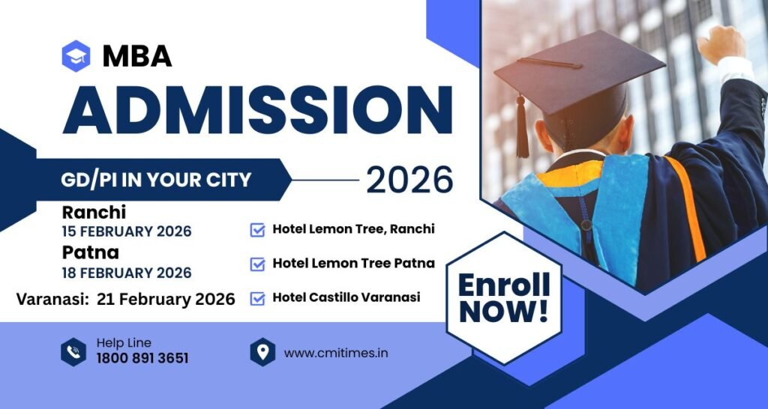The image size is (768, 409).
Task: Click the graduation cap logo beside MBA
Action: point(76,56)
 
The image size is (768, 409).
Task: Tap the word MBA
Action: point(137,56)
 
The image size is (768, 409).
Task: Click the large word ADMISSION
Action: point(258,109)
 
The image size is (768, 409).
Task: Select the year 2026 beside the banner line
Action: point(409,180)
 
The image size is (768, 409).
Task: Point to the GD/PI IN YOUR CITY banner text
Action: point(156,180)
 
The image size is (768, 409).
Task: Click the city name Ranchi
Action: point(94,212)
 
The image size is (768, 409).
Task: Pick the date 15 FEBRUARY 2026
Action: point(127,231)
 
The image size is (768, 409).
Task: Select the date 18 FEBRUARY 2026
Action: point(127,273)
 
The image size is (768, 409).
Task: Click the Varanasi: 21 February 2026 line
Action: point(125,299)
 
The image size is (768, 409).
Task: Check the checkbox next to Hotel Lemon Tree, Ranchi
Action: point(257,230)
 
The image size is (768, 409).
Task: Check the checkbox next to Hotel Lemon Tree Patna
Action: point(257,264)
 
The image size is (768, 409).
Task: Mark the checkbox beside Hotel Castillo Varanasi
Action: point(257,298)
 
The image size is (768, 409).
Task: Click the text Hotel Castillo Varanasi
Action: point(346,297)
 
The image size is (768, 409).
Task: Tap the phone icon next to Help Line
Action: point(73,352)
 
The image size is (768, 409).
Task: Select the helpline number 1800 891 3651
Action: point(142,358)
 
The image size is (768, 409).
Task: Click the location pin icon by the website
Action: point(262,352)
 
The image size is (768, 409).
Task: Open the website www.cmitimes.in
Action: point(336,354)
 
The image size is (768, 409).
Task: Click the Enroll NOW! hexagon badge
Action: point(504,298)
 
